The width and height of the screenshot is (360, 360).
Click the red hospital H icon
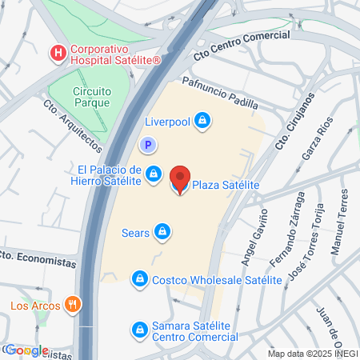tap(58, 54)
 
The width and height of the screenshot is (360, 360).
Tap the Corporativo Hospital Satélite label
tap(114, 54)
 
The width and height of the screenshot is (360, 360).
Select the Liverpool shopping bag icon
tap(203, 122)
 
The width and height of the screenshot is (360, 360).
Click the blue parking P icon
tap(147, 145)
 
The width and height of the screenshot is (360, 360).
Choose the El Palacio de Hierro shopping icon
tap(155, 175)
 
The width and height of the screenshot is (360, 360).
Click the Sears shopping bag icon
tap(163, 233)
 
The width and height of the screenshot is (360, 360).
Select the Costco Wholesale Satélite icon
tap(141, 279)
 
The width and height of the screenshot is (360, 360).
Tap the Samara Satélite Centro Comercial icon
tap(141, 329)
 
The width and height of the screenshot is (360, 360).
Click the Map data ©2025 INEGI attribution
tap(312, 354)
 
